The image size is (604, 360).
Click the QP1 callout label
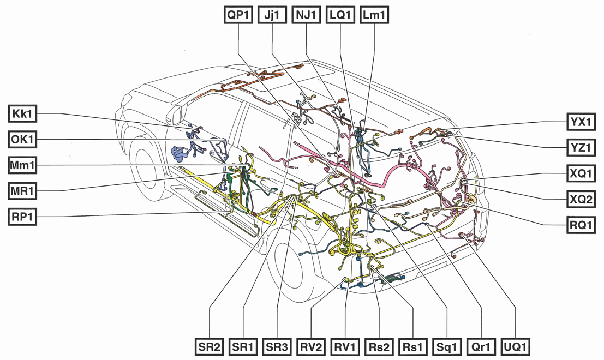tap(238, 15)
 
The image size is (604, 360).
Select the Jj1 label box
tap(272, 15)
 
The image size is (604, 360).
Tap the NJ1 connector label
tap(306, 15)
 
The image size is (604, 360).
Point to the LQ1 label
tap(340, 15)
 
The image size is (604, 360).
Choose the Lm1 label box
tap(374, 15)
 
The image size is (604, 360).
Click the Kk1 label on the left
tap(23, 114)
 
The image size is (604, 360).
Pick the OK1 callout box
tap(23, 140)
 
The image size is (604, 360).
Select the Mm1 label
tap(23, 165)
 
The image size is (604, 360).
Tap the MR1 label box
tap(23, 190)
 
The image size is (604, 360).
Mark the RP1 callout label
tap(23, 216)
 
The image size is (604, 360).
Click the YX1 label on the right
tap(580, 122)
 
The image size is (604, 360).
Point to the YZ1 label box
tap(580, 147)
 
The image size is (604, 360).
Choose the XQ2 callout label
tap(580, 199)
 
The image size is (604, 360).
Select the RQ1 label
tap(580, 224)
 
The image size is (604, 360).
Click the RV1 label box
tap(346, 346)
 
